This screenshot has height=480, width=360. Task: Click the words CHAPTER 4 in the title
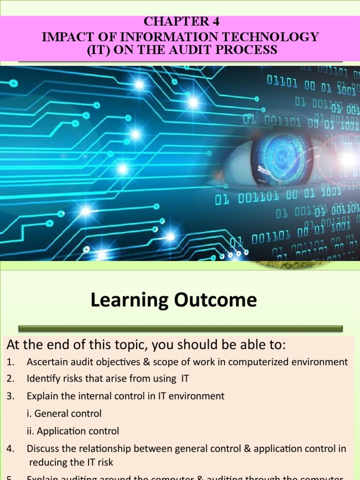click(181, 22)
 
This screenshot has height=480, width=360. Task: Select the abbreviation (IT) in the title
click(100, 50)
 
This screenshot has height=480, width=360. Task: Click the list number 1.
click(10, 362)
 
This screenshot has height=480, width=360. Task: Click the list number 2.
click(10, 379)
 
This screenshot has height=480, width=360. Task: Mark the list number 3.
click(10, 396)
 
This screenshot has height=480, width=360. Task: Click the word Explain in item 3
click(42, 396)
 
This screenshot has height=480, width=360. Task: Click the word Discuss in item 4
click(43, 449)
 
